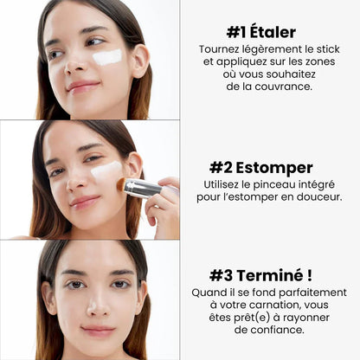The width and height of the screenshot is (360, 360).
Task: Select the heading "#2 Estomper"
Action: click(260, 167)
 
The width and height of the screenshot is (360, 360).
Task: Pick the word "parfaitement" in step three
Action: click(311, 292)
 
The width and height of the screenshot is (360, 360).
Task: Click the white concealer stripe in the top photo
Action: click(106, 57)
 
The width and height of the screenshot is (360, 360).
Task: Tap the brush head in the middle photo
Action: click(122, 183)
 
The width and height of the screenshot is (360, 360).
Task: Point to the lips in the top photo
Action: click(82, 87)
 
